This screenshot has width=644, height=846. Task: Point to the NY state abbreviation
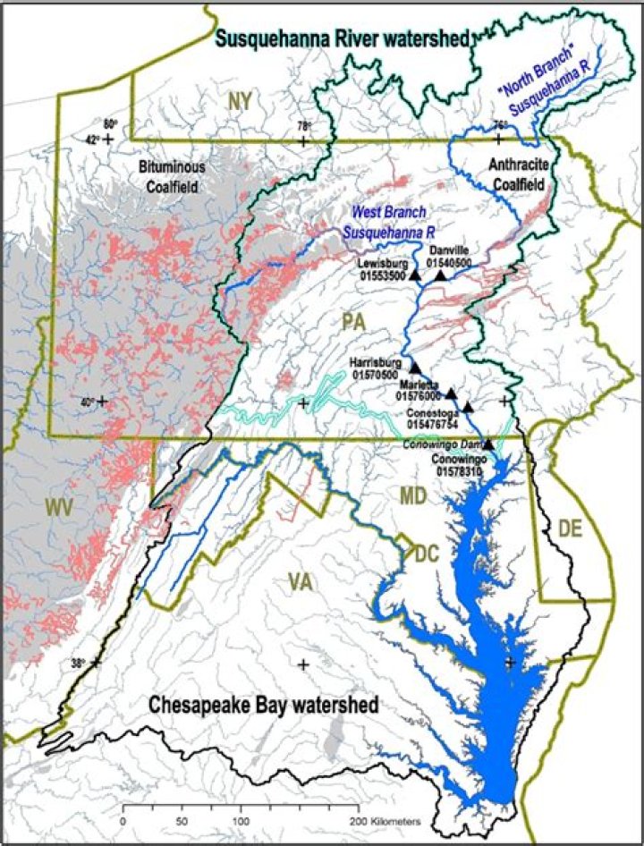[x=239, y=103]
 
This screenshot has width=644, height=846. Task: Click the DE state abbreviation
[x=569, y=529]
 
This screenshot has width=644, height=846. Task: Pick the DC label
[x=426, y=554]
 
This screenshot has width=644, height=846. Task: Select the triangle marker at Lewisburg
[x=415, y=275]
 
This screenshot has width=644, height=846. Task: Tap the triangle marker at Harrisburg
[x=414, y=368]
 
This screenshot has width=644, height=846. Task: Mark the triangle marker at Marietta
[x=452, y=393]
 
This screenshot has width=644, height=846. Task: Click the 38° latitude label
[x=78, y=663]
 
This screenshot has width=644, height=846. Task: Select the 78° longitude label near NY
[x=303, y=127]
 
